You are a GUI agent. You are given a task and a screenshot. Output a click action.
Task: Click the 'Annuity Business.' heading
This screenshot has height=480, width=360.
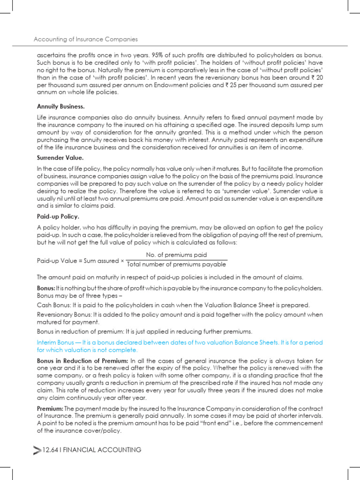click(60, 106)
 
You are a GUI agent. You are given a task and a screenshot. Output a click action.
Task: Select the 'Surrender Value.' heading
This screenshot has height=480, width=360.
click(60, 158)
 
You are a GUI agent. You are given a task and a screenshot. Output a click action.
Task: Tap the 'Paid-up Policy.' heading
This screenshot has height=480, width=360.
click(58, 217)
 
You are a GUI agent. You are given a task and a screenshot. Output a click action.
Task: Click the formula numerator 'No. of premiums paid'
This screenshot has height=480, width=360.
click(176, 255)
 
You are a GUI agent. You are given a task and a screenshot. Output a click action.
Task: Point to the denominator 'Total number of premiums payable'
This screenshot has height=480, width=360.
click(176, 264)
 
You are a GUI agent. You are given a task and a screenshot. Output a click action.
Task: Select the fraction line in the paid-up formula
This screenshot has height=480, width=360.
click(176, 260)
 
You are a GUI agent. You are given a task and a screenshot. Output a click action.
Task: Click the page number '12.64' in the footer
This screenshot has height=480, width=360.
click(50, 450)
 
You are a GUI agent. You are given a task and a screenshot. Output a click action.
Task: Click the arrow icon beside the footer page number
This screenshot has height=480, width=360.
click(37, 450)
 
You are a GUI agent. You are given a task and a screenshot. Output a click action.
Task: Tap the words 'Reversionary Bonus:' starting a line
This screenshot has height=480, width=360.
click(64, 315)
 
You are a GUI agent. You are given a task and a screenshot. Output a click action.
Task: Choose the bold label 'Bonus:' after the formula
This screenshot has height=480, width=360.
click(45, 288)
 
